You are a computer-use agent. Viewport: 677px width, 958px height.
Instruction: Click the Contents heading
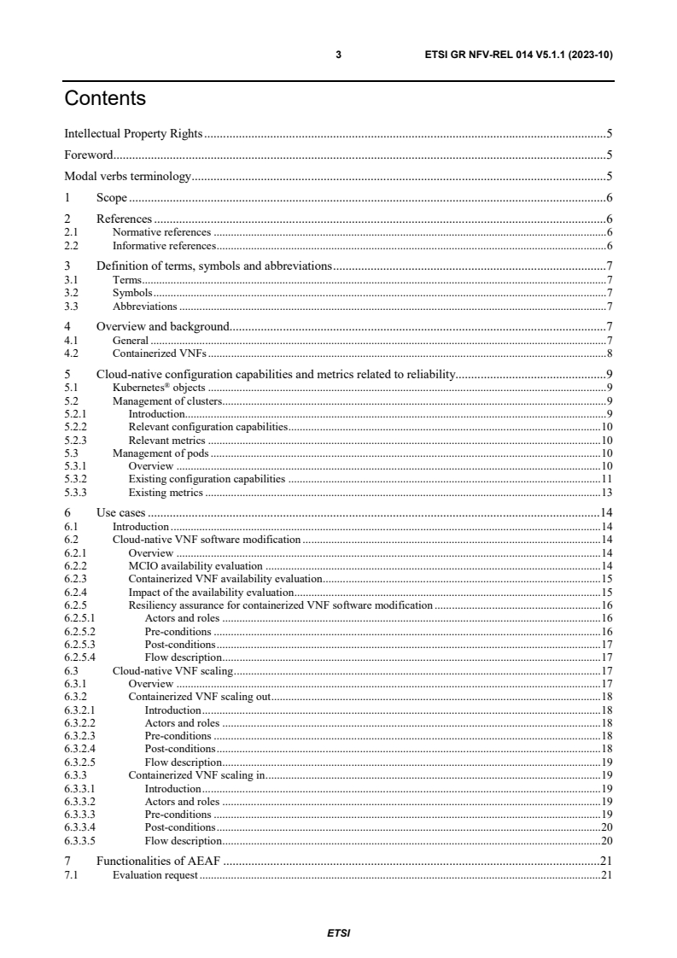[105, 99]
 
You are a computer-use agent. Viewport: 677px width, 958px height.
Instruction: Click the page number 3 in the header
[338, 55]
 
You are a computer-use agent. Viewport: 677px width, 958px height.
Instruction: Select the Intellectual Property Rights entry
[133, 134]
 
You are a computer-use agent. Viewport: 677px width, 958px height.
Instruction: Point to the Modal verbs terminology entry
[127, 177]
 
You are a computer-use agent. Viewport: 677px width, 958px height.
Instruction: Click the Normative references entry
[161, 231]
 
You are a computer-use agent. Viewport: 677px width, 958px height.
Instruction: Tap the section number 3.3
[72, 306]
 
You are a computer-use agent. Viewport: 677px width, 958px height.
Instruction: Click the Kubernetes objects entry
[158, 387]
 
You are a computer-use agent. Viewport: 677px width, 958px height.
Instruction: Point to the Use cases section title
[120, 513]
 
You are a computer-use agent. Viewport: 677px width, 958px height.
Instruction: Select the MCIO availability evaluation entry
[195, 566]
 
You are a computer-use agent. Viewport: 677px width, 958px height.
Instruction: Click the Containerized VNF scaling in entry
[197, 775]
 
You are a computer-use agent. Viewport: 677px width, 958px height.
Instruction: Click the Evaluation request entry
[155, 874]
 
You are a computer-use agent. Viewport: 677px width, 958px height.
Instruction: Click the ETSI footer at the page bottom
[338, 933]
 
